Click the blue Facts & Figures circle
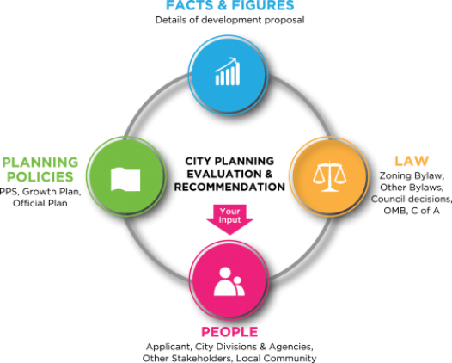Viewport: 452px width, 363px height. (228, 75)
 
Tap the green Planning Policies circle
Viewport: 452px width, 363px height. (126, 176)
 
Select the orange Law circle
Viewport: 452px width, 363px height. (329, 176)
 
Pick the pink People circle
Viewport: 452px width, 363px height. (229, 280)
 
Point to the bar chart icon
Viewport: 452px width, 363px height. (228, 71)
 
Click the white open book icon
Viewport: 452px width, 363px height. (125, 180)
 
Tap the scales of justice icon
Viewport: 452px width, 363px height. (329, 177)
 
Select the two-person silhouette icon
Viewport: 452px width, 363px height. (229, 281)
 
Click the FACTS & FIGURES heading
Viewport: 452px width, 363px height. (230, 5)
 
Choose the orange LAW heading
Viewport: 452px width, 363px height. (412, 161)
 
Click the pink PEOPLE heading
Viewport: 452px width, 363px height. (229, 332)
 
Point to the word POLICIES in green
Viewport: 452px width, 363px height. (40, 177)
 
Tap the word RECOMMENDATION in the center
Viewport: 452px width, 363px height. (229, 187)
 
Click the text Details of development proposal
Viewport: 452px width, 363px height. (229, 20)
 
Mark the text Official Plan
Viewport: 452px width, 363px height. (40, 203)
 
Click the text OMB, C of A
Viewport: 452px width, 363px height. (412, 211)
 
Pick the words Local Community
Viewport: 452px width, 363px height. (276, 358)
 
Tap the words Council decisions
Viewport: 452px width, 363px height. (411, 199)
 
